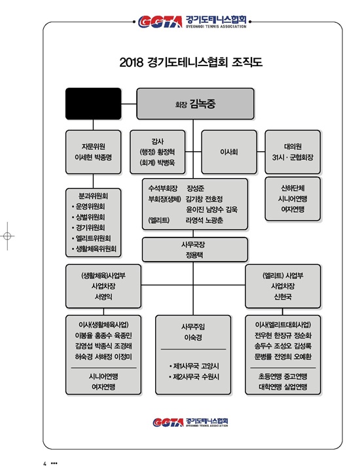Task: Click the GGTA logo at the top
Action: click(192, 22)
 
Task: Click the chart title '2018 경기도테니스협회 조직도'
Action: click(191, 62)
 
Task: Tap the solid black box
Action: click(94, 103)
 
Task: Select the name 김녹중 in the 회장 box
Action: click(202, 104)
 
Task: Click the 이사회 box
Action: click(229, 152)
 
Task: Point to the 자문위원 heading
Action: click(94, 147)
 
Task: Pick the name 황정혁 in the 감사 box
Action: click(166, 152)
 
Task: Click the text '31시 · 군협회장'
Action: click(293, 157)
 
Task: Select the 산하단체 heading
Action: click(293, 188)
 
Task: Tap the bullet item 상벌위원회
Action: click(90, 217)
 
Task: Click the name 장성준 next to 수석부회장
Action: click(195, 188)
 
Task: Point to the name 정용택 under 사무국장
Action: click(194, 255)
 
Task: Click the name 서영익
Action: click(103, 296)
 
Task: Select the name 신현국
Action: click(283, 296)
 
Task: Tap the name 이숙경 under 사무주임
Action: click(193, 338)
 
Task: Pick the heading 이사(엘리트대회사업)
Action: click(283, 325)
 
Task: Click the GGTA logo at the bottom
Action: click(190, 422)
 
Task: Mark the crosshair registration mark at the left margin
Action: click(7, 236)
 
